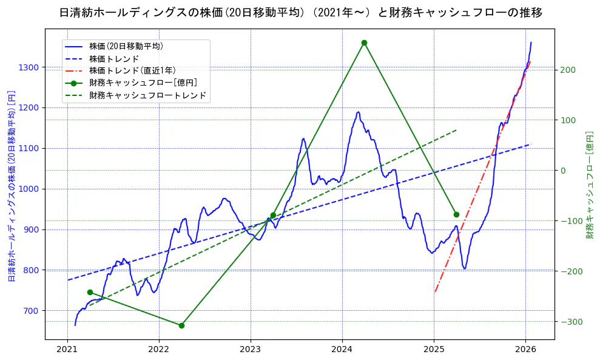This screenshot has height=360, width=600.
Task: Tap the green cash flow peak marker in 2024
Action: click(x=364, y=42)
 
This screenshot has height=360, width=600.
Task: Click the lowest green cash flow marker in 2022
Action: click(x=181, y=325)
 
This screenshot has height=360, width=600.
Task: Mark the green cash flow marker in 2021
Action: click(x=90, y=292)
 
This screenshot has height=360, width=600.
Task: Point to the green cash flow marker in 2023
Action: click(x=273, y=215)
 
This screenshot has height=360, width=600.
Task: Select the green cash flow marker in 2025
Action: click(x=456, y=214)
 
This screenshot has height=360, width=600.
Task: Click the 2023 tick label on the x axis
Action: click(x=251, y=350)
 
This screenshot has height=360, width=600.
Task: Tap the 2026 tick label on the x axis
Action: click(x=525, y=350)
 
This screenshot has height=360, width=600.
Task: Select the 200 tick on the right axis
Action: click(x=568, y=70)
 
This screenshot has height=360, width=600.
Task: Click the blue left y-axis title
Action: click(x=11, y=186)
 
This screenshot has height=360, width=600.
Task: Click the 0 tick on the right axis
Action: click(x=563, y=171)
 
